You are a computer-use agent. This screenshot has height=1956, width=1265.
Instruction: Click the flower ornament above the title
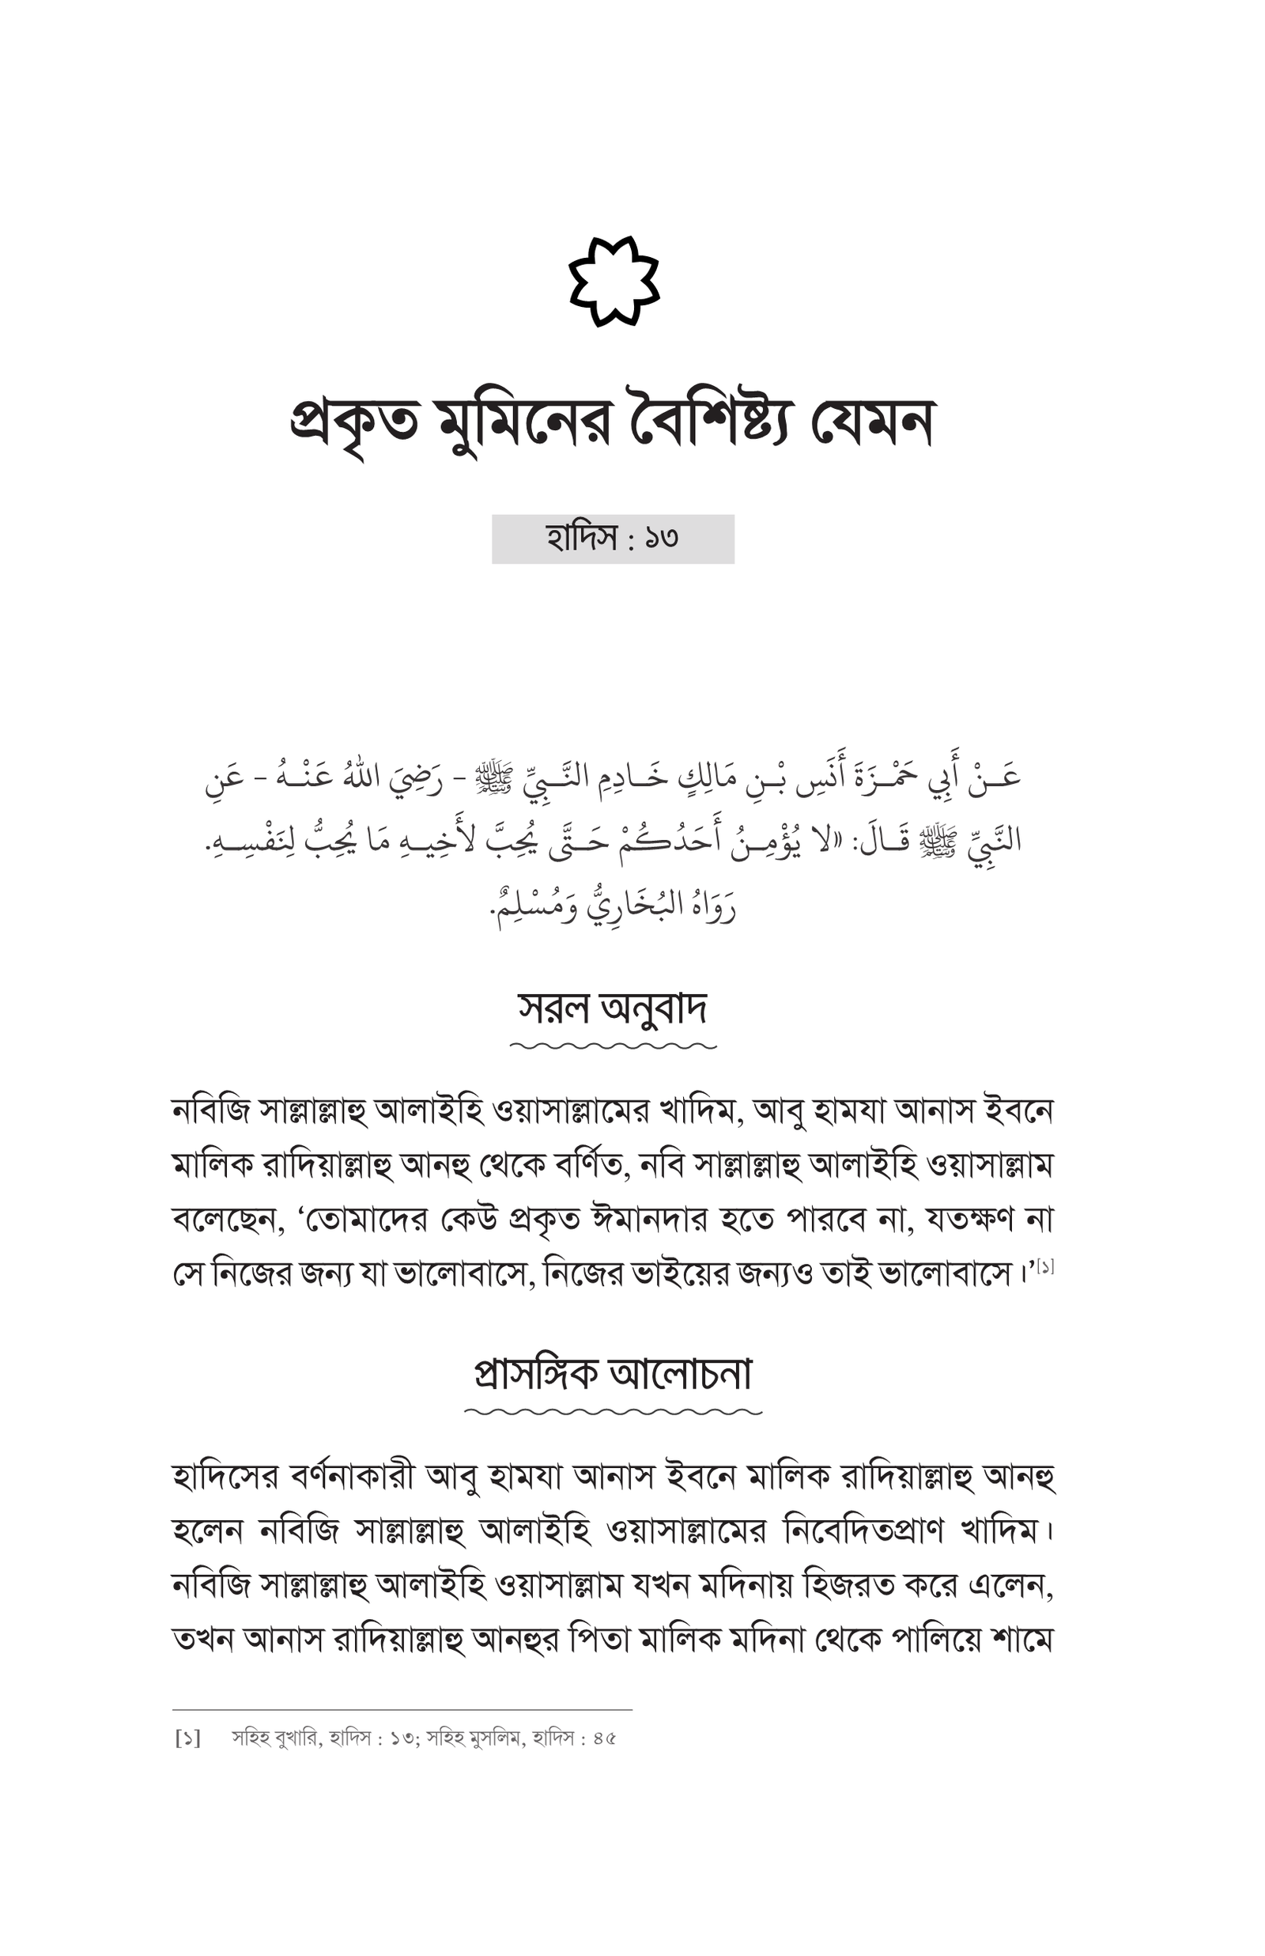click(x=614, y=281)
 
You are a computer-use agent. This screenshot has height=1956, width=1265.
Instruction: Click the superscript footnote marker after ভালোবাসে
click(x=1045, y=1266)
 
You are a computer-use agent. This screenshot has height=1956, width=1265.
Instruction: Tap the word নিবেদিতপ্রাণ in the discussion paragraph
click(x=863, y=1531)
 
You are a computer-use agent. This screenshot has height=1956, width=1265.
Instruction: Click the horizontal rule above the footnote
click(x=402, y=1709)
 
